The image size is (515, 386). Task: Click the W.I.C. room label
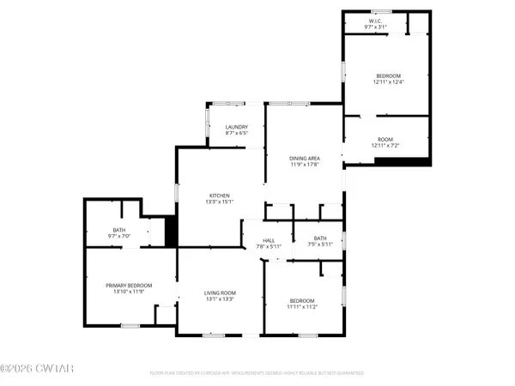tap(375, 21)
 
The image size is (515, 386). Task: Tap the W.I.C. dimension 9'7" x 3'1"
tap(375, 27)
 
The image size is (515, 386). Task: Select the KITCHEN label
tap(218, 196)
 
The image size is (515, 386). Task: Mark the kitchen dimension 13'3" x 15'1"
tap(218, 202)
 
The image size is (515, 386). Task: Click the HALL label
tap(268, 240)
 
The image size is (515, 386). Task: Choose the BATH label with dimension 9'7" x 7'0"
tap(117, 230)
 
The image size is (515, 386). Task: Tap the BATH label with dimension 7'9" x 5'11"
tap(319, 238)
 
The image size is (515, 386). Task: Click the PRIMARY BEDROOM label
tap(129, 285)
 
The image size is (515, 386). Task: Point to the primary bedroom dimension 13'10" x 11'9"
tap(129, 292)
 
